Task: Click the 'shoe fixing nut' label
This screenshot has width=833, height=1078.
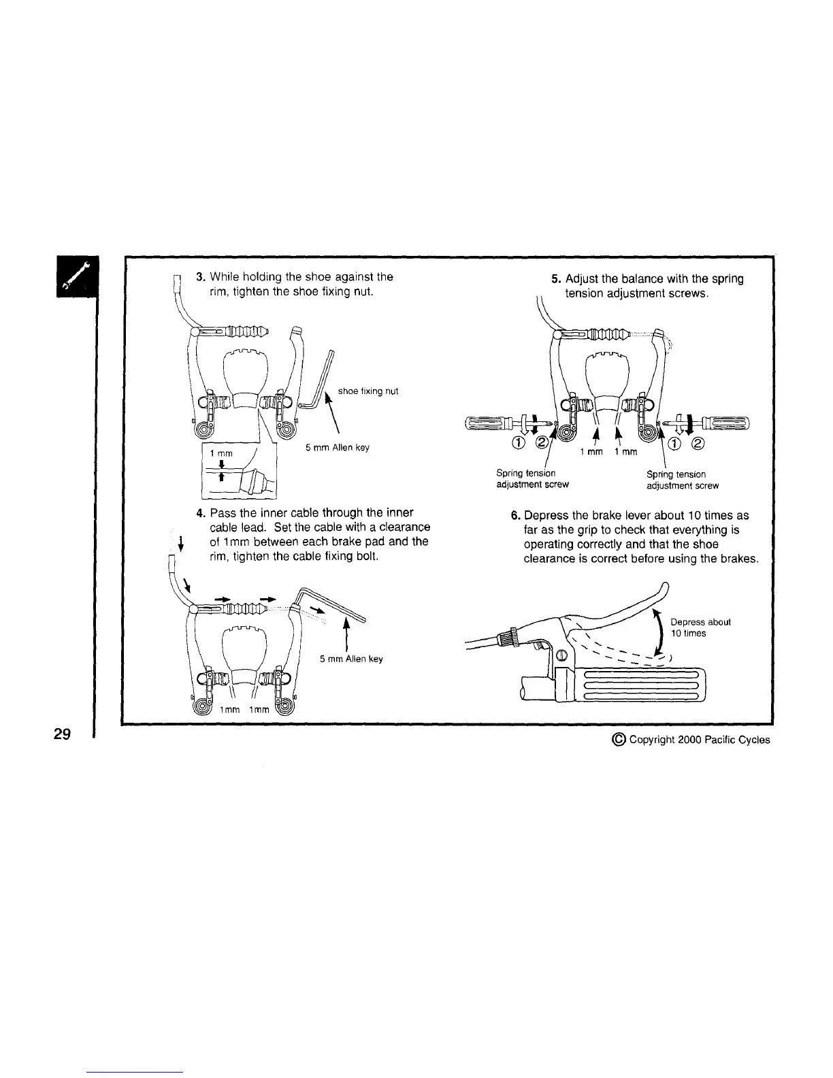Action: tap(367, 391)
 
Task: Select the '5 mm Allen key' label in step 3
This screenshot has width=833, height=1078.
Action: tap(338, 447)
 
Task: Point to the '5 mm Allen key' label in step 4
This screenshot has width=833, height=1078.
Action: tap(351, 659)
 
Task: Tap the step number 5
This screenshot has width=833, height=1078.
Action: tap(555, 278)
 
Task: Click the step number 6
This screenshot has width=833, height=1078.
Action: tap(515, 515)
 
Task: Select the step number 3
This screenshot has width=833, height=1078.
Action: tap(200, 277)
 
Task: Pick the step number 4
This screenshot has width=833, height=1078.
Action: tap(200, 512)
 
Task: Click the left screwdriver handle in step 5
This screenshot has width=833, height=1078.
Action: tap(487, 423)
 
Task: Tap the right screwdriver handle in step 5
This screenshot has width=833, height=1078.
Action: tap(725, 423)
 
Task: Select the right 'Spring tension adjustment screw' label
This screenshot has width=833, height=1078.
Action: tap(682, 479)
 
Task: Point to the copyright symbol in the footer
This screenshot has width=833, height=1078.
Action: tap(621, 739)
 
